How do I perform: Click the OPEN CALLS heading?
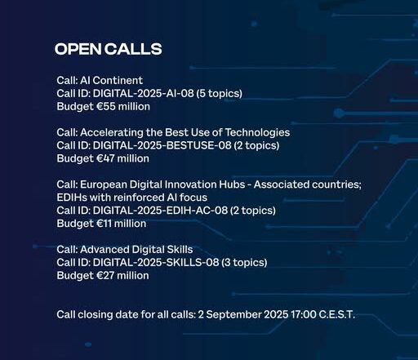(109, 49)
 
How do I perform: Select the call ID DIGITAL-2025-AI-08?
(144, 93)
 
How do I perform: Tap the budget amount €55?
(106, 106)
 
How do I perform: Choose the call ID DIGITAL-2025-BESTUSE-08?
(162, 145)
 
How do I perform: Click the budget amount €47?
(105, 158)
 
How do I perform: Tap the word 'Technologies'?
(257, 132)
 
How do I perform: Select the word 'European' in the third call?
(104, 184)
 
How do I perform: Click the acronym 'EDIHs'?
(72, 198)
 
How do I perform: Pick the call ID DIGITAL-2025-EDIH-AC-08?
(160, 211)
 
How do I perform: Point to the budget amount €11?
(104, 224)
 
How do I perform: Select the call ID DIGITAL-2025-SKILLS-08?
(156, 263)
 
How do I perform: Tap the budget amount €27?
(105, 275)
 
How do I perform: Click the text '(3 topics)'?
(244, 263)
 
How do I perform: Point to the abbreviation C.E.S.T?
(337, 314)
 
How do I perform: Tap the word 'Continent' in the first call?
(118, 80)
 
